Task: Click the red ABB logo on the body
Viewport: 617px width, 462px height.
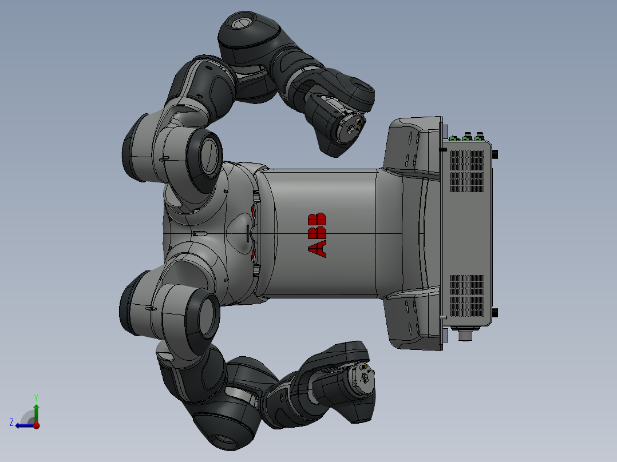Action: pyautogui.click(x=317, y=234)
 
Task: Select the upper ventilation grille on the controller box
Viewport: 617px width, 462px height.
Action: pyautogui.click(x=467, y=167)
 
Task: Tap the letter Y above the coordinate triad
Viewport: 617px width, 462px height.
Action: pyautogui.click(x=36, y=397)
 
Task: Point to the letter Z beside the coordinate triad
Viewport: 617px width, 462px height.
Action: pyautogui.click(x=11, y=423)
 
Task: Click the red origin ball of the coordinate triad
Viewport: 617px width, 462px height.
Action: pyautogui.click(x=36, y=425)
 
